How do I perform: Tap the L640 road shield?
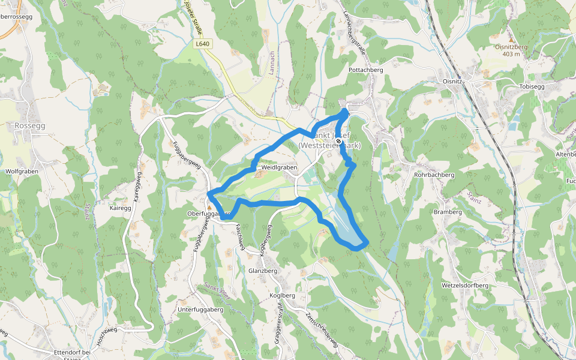(203, 44)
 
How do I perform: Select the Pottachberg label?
(365, 70)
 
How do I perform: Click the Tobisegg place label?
(532, 86)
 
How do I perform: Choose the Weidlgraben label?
(280, 168)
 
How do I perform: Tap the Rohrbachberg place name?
(434, 175)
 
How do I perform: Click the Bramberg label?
(448, 212)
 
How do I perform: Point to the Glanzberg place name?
(262, 271)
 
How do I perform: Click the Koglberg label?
(283, 296)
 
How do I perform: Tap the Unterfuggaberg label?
(200, 309)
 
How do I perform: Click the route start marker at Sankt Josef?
(339, 142)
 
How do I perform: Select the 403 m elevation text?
(511, 54)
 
